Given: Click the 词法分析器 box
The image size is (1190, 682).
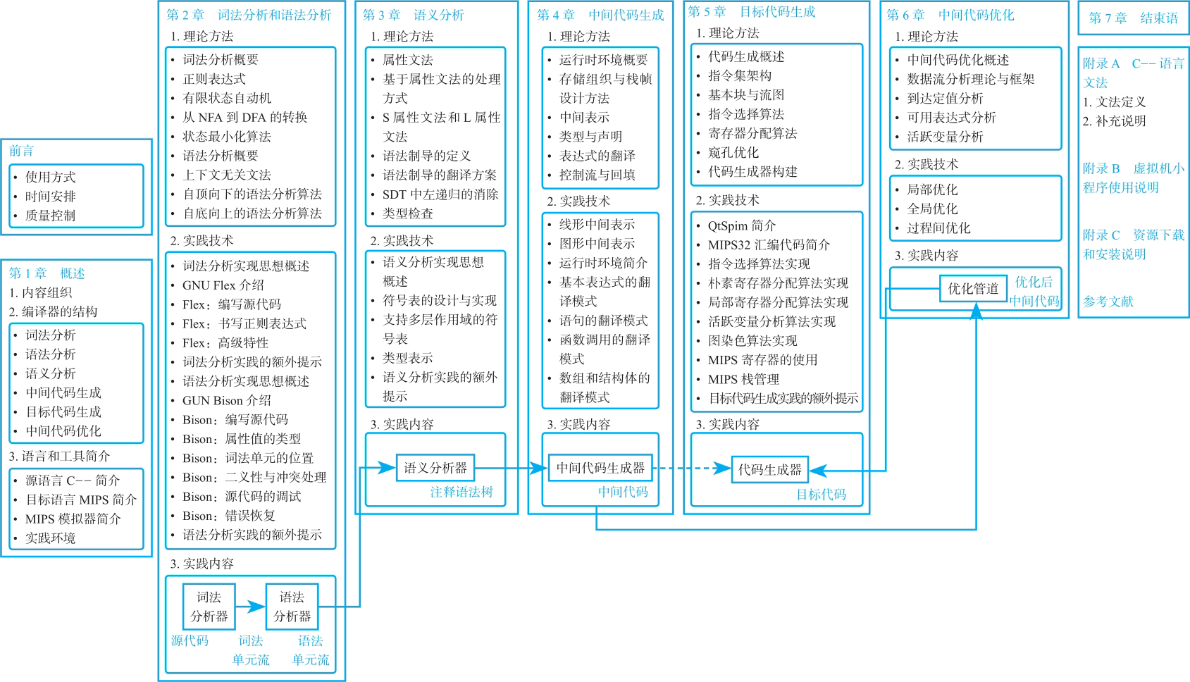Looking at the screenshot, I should click(209, 607).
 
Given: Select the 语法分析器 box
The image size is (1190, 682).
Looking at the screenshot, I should click(292, 607).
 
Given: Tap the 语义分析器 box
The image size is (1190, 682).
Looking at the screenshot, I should click(435, 468).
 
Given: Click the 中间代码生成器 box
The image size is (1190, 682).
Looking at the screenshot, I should click(600, 468).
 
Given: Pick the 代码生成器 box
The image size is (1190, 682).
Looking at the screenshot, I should click(769, 469).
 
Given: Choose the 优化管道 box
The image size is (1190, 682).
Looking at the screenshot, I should click(973, 288).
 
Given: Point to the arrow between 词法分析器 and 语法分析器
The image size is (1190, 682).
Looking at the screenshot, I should click(250, 607).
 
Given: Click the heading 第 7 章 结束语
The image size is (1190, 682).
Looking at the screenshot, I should click(1133, 18).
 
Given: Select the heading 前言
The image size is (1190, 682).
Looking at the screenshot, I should click(21, 151).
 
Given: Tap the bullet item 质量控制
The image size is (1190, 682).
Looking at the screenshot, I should click(50, 216).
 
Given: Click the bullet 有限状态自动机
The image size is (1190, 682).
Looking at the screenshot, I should click(227, 98).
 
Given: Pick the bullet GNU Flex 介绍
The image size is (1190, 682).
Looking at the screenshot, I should click(223, 285).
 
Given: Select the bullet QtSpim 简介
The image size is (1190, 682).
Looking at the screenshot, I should click(742, 225).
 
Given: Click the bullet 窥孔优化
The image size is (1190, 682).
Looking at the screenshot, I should click(733, 152).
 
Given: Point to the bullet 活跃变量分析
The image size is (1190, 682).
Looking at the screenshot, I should click(945, 137).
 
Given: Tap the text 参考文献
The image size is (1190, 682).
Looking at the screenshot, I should click(1108, 302).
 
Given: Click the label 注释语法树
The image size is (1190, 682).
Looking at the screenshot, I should click(461, 492).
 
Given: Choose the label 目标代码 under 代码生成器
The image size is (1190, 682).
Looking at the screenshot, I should click(821, 495).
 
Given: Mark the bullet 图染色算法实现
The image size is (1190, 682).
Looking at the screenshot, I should click(752, 341).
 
